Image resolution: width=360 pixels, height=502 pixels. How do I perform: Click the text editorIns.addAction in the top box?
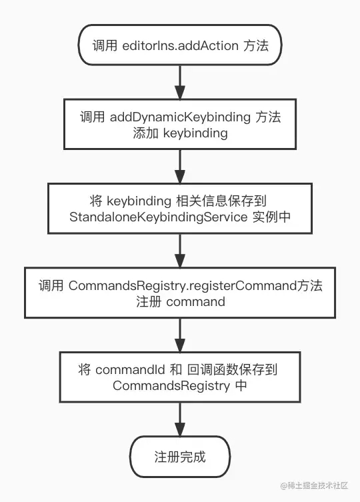pos(180,45)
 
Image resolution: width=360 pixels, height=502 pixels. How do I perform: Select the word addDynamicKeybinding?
pos(180,117)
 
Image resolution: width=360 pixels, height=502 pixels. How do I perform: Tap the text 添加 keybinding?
pos(180,133)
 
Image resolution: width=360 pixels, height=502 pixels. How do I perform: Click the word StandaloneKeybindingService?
pos(158,217)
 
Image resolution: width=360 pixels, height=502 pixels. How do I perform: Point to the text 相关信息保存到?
pos(221,201)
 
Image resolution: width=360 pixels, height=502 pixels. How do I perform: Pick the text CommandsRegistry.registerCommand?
pos(183,285)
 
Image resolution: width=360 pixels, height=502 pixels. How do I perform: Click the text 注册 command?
pos(180,301)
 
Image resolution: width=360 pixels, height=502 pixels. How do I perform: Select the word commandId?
pos(130,370)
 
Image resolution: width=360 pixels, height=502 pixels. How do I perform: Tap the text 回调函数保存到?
pos(232,370)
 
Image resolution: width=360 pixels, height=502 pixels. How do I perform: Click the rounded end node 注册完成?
pos(180,457)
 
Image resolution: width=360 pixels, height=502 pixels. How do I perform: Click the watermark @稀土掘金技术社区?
pos(314,486)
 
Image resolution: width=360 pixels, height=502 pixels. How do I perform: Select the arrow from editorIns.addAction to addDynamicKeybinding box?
pos(180,82)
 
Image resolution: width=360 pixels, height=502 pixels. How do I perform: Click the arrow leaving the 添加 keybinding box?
pos(180,167)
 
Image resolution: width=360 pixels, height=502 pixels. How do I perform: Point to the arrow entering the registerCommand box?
pos(180,251)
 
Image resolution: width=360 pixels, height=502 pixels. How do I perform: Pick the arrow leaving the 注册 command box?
pos(180,335)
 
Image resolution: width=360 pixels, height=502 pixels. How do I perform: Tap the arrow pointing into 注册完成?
pos(180,419)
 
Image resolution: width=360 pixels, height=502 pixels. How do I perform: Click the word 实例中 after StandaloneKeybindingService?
pos(271,217)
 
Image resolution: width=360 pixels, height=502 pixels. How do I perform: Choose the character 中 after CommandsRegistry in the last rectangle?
pos(241,386)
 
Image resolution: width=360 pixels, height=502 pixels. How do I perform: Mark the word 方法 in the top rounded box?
pos(256,45)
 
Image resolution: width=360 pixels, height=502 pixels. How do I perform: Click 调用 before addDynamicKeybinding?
pos(92,117)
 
